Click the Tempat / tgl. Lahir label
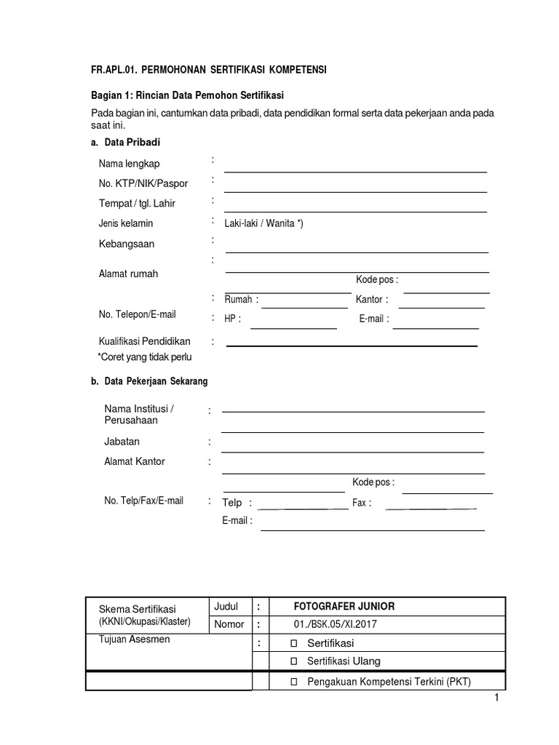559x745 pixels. tap(137, 203)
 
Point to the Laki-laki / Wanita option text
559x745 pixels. tap(263, 223)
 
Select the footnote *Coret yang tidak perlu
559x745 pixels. tap(145, 357)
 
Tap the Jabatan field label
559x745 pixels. tap(122, 442)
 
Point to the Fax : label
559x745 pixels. tap(362, 503)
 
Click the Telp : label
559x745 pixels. tap(237, 503)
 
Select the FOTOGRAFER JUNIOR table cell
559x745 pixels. tap(344, 607)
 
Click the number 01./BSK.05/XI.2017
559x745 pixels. tap(336, 624)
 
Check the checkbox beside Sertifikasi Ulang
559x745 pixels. tap(294, 661)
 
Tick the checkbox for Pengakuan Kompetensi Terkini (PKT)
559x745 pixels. tap(294, 682)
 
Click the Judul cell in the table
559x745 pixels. tap(226, 607)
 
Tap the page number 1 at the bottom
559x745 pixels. tap(496, 698)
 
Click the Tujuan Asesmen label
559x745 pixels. tap(132, 640)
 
